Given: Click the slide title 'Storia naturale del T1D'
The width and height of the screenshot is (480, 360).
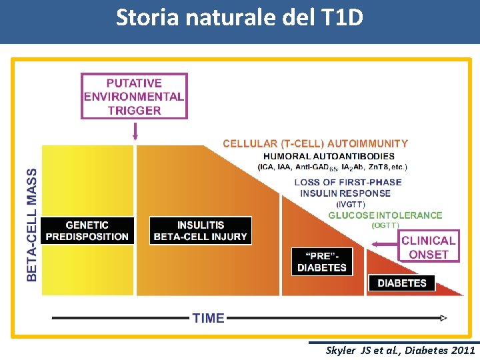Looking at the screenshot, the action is pyautogui.click(x=239, y=17).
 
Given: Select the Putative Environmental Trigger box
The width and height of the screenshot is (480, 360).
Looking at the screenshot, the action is pyautogui.click(x=134, y=97).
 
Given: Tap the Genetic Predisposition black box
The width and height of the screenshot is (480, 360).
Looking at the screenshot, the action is pyautogui.click(x=87, y=231).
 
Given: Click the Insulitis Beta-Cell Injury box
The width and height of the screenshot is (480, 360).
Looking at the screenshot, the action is pyautogui.click(x=200, y=231).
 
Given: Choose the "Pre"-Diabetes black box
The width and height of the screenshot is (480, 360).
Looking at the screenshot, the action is pyautogui.click(x=322, y=261).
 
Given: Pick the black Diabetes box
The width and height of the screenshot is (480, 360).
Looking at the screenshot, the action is pyautogui.click(x=401, y=283).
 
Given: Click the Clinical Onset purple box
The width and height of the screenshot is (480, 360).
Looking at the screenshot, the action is pyautogui.click(x=429, y=247).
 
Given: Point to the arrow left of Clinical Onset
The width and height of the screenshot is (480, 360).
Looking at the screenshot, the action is pyautogui.click(x=384, y=245).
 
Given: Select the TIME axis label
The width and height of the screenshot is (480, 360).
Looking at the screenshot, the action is pyautogui.click(x=208, y=318).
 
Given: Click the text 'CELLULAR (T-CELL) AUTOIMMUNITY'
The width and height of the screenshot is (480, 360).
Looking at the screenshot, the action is pyautogui.click(x=315, y=143).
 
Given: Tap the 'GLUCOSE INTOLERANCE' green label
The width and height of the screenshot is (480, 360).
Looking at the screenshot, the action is pyautogui.click(x=385, y=215).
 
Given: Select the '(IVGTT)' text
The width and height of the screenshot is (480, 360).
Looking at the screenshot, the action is pyautogui.click(x=351, y=204).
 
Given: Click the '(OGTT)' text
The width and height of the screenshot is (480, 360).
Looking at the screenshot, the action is pyautogui.click(x=385, y=225).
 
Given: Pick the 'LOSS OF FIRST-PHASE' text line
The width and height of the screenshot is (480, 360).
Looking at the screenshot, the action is pyautogui.click(x=348, y=182).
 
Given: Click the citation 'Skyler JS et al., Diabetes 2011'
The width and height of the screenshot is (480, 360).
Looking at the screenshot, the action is pyautogui.click(x=400, y=350).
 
